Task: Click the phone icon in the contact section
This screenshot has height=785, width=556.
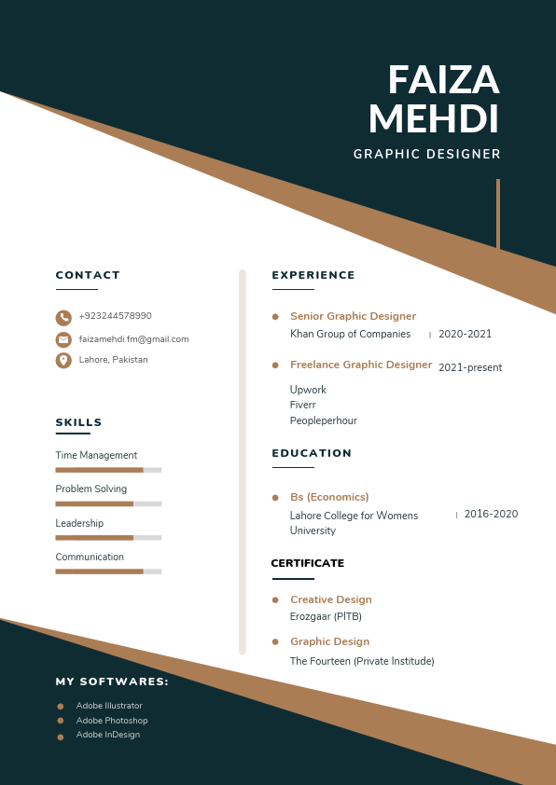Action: tap(63, 317)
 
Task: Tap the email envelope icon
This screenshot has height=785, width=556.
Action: tap(63, 339)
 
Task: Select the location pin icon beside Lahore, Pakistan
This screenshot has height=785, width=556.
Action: tap(63, 360)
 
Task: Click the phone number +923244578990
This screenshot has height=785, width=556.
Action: tap(115, 316)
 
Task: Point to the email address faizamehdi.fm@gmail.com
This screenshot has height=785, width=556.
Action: tap(133, 339)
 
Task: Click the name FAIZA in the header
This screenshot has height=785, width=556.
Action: tap(443, 81)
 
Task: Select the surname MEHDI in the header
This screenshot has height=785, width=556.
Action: tap(434, 120)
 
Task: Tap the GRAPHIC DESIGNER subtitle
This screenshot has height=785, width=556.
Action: tap(426, 155)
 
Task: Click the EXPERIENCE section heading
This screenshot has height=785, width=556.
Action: tap(313, 275)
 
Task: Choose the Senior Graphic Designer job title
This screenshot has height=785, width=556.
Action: tap(353, 316)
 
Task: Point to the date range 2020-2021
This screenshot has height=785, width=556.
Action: tap(465, 334)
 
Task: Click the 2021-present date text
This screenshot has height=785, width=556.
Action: tap(470, 367)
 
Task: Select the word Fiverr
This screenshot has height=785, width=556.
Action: tap(303, 405)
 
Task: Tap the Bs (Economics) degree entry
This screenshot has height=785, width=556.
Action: tap(329, 497)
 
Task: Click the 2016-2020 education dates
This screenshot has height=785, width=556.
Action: tap(491, 514)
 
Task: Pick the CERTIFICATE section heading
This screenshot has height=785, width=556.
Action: tap(307, 563)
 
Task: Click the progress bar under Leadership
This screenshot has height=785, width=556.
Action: tap(108, 538)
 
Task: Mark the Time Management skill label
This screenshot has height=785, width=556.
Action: tap(96, 455)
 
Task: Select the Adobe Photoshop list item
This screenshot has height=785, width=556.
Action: tap(112, 721)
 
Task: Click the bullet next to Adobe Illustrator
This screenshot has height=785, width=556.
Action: tap(61, 707)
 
